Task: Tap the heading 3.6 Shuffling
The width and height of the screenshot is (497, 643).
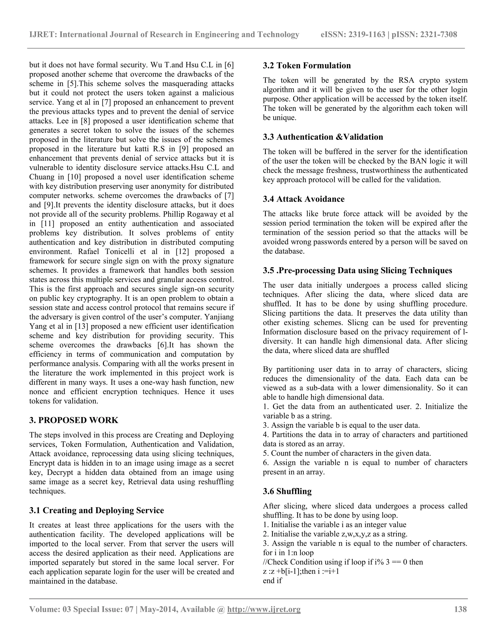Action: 287,491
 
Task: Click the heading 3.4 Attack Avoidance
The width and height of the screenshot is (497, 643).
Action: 304,199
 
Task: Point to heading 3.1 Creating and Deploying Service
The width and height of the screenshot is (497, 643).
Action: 97,510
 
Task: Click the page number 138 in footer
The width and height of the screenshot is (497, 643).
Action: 460,609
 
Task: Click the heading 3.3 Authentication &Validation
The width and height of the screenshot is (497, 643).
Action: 323,137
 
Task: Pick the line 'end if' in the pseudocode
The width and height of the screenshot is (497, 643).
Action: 272,581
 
